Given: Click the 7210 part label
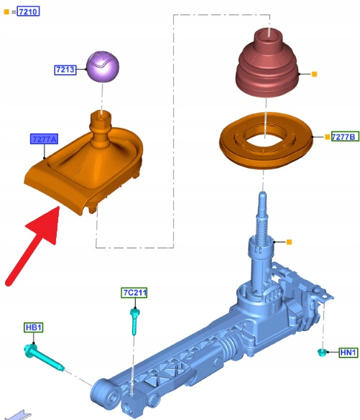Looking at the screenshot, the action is [28, 11].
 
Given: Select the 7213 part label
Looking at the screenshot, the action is [65, 70].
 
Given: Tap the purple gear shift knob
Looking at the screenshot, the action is [103, 67].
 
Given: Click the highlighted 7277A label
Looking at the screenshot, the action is [44, 139].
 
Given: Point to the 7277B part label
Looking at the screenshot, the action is [345, 136].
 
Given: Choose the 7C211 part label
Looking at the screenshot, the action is [134, 292].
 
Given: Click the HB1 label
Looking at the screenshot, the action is [34, 327].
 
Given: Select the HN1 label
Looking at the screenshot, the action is [349, 353].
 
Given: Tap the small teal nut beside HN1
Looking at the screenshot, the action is [321, 352].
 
